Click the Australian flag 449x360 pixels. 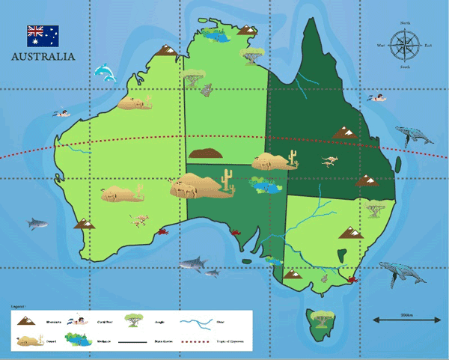43,34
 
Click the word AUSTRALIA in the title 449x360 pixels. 43,56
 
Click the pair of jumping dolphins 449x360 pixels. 106,73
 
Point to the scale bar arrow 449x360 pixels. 406,320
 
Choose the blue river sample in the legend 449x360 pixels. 202,321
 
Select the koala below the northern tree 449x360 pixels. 207,91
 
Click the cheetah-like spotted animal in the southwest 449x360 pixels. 139,220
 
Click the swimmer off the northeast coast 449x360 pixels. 378,98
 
